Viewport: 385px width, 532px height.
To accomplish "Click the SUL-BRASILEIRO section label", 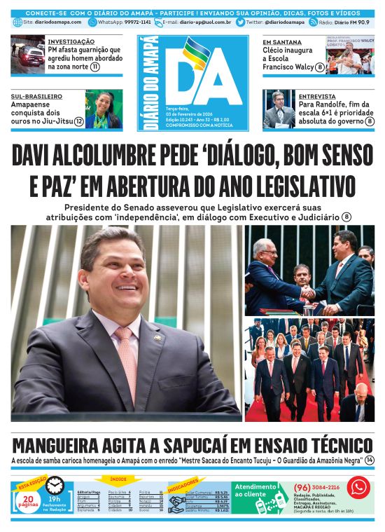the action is (x=36, y=95).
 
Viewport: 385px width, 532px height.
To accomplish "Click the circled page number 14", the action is (x=370, y=461).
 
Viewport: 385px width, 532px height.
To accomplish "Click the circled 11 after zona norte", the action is (x=94, y=67).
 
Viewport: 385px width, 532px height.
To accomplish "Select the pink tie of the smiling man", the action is (x=127, y=357).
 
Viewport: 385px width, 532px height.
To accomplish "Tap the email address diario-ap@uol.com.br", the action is (x=206, y=22).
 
